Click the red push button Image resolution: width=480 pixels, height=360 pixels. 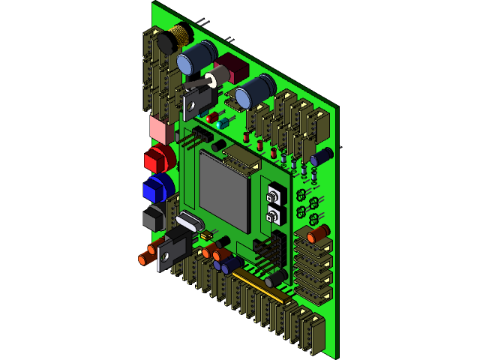(x=158, y=158)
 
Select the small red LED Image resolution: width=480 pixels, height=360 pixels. (x=213, y=117)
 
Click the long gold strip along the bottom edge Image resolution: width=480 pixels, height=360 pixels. (x=262, y=287)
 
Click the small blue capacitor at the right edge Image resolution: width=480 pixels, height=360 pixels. (x=322, y=157)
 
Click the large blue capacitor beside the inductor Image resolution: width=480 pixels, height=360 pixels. (x=198, y=57)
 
